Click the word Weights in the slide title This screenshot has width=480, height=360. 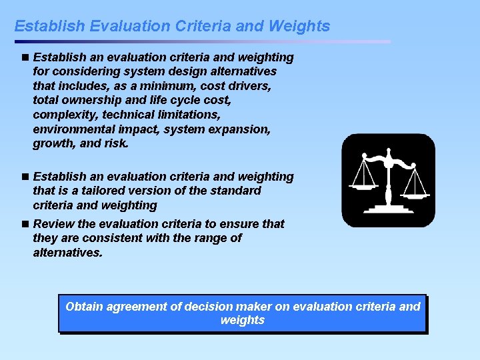tap(299, 26)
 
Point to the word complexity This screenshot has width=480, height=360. tap(65, 115)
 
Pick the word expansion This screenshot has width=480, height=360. tap(238, 129)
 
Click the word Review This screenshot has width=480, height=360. tap(53, 224)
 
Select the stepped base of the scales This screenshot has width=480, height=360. tap(388, 208)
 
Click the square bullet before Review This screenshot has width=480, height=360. tap(25, 224)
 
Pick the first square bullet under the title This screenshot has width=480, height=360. tap(25, 57)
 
